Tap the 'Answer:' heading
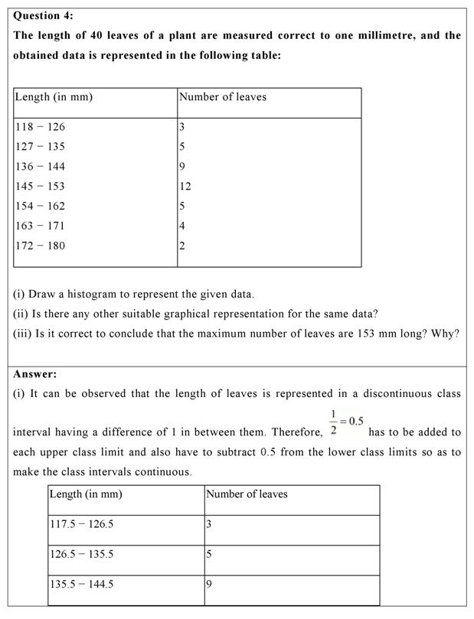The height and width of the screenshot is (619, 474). pyautogui.click(x=35, y=374)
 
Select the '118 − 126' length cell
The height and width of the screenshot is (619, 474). pyautogui.click(x=41, y=127)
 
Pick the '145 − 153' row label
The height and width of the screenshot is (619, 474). pyautogui.click(x=41, y=186)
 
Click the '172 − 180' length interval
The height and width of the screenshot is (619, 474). pyautogui.click(x=41, y=246)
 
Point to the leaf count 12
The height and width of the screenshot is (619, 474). pyautogui.click(x=185, y=186)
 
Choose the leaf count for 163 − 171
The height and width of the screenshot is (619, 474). pyautogui.click(x=182, y=226)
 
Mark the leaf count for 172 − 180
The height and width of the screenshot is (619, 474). pyautogui.click(x=182, y=246)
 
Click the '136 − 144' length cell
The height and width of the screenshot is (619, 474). pyautogui.click(x=41, y=167)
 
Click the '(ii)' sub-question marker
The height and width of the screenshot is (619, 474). pyautogui.click(x=22, y=314)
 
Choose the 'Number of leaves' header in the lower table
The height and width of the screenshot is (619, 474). pyautogui.click(x=247, y=494)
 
